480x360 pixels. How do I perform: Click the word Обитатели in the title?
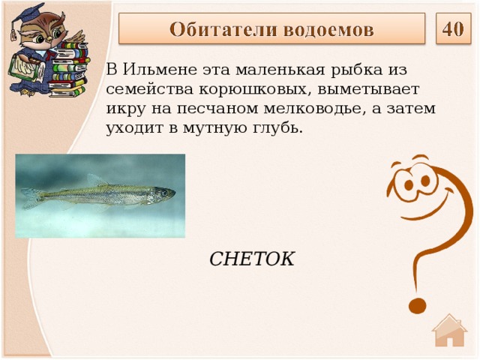click(223, 30)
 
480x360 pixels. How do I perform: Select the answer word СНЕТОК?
click(251, 259)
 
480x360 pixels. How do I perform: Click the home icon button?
click(450, 331)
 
